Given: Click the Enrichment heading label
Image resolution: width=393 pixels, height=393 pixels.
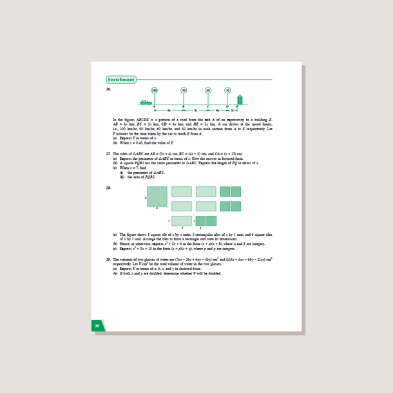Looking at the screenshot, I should pyautogui.click(x=122, y=80).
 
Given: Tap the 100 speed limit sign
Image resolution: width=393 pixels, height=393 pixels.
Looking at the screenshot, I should pyautogui.click(x=155, y=90).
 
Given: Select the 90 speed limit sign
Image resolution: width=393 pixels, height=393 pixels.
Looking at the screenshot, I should pyautogui.click(x=184, y=90).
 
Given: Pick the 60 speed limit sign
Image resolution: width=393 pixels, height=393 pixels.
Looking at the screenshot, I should pyautogui.click(x=208, y=90).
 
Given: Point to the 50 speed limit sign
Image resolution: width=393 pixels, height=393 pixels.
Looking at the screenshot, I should pyautogui.click(x=227, y=90).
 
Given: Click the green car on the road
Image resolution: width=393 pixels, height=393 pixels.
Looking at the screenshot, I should pyautogui.click(x=145, y=102).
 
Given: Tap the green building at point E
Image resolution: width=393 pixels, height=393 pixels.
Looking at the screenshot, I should pyautogui.click(x=240, y=99).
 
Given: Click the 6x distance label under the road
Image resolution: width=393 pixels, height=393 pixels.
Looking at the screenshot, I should pyautogui.click(x=169, y=111).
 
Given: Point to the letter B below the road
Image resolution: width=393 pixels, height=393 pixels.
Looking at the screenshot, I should pyautogui.click(x=184, y=107).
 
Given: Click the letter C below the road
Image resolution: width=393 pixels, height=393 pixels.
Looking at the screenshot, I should pyautogui.click(x=208, y=107).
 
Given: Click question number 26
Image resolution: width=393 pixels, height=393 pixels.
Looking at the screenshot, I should pyautogui.click(x=108, y=89).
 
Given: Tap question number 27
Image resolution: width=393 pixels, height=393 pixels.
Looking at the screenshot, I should pyautogui.click(x=108, y=155).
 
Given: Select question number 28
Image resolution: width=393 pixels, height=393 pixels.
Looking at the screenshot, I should pyautogui.click(x=108, y=187).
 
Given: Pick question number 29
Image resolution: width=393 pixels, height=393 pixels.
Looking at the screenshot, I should pyautogui.click(x=108, y=258).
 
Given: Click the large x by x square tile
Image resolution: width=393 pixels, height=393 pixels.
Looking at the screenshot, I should pyautogui.click(x=157, y=196).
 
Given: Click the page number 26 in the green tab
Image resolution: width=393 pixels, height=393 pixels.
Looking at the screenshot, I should pyautogui.click(x=97, y=326).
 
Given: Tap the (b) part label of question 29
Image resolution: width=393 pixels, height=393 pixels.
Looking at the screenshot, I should pyautogui.click(x=115, y=273).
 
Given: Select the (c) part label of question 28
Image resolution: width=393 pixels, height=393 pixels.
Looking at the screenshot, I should pyautogui.click(x=115, y=249).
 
